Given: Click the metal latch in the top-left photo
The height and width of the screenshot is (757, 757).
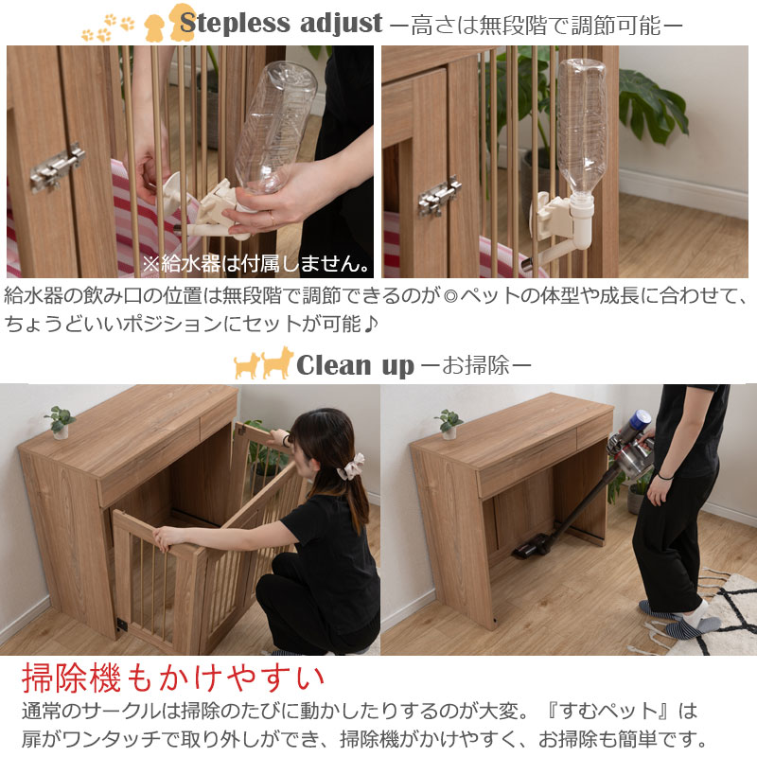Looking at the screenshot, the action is coord(58,167).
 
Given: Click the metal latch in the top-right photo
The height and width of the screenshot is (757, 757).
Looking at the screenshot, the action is coord(439,197).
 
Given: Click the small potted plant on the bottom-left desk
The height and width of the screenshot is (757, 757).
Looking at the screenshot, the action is coord(61,422).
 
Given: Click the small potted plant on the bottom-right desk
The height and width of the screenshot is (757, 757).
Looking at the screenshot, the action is coord(449,424).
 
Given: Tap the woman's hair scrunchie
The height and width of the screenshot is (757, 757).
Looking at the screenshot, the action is coord(351,467).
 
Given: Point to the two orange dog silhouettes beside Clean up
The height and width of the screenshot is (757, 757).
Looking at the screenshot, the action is coord(264,363).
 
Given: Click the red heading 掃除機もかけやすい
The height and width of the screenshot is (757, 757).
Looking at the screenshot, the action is coord(172,678).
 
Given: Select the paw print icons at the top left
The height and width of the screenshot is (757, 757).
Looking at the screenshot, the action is coord(108,27).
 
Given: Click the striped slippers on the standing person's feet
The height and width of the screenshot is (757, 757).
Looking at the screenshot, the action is coord(680,620).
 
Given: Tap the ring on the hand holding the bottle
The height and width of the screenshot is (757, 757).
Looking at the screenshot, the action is coord(273,221).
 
